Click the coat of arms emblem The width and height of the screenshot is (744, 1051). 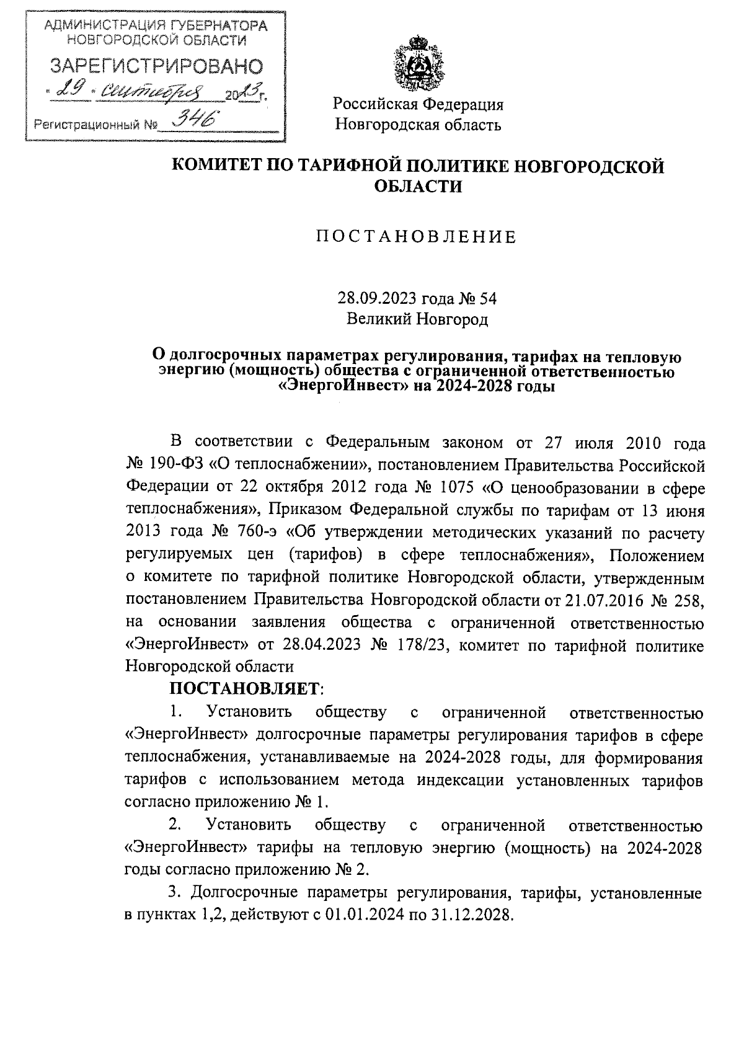pyautogui.click(x=417, y=64)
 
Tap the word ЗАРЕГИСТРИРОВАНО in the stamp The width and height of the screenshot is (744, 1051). pyautogui.click(x=156, y=66)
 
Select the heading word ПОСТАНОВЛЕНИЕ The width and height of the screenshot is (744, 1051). pyautogui.click(x=417, y=237)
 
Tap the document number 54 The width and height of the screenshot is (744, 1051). pyautogui.click(x=488, y=299)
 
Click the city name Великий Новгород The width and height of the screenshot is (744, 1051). pyautogui.click(x=417, y=319)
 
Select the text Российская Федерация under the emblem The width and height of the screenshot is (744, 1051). pyautogui.click(x=418, y=104)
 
